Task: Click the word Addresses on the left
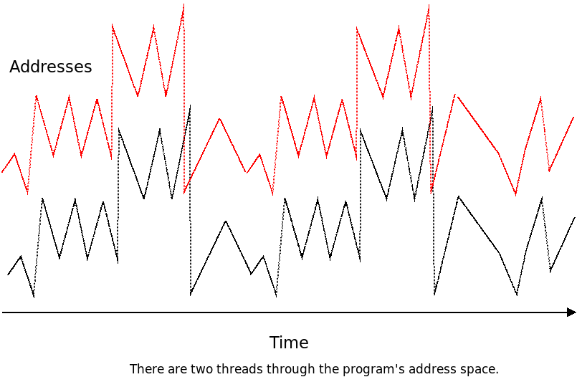(50, 67)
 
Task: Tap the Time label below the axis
(289, 343)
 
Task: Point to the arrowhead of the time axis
(571, 312)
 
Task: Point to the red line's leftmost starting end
(2, 172)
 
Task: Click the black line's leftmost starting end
(8, 275)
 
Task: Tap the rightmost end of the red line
(573, 118)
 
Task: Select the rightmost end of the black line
(574, 218)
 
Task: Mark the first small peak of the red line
(15, 154)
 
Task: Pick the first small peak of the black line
(21, 256)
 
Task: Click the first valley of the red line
(28, 193)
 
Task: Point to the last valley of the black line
(550, 272)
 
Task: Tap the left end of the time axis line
(3, 312)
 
